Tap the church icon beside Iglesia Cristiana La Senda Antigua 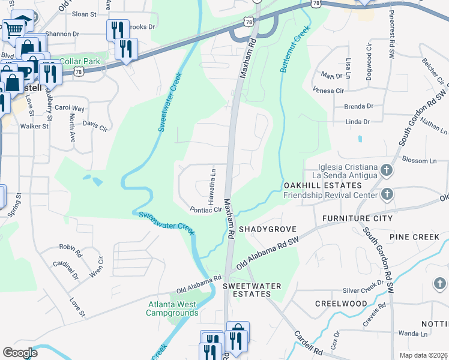tap(387, 170)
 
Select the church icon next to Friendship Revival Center tap(387, 194)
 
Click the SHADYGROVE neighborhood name tap(264, 229)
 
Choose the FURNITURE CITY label tap(357, 218)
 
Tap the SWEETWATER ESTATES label tap(252, 291)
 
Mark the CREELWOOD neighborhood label tap(340, 304)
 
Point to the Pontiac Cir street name tap(206, 210)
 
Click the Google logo tap(20, 352)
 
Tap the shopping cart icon tap(13, 29)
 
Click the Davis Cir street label tap(94, 126)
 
